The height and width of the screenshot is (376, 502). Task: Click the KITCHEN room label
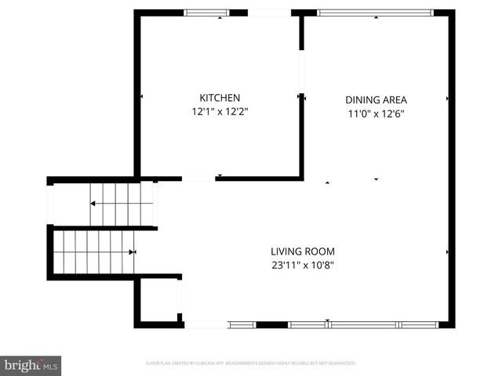point(220,98)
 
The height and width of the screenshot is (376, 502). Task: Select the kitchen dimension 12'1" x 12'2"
point(220,112)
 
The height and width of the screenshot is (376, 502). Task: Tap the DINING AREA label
point(376,99)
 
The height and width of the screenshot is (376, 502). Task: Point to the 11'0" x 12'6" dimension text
point(376,114)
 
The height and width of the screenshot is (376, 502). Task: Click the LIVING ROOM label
point(303,251)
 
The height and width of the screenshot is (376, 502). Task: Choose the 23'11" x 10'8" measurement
point(303,266)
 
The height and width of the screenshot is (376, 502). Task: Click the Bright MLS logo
point(31,365)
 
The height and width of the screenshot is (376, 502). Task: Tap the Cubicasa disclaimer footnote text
point(251,363)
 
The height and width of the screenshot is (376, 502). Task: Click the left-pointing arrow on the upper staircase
point(93,203)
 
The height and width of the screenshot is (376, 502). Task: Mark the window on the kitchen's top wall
point(206,13)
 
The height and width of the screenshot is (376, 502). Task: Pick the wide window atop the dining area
point(375,13)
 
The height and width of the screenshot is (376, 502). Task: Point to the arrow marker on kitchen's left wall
point(141,96)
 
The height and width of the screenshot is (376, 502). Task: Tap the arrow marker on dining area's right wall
point(448,99)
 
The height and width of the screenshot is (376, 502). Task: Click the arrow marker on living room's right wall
point(448,252)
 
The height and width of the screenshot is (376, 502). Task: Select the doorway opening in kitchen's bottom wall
point(199,179)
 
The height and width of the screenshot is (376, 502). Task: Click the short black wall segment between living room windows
point(272,324)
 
